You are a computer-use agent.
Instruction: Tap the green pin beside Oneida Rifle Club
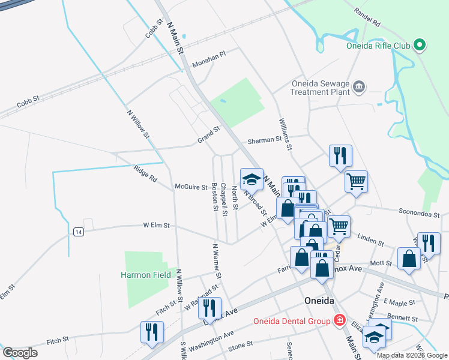pos(420,45)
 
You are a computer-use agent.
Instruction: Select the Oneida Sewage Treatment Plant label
pos(320,88)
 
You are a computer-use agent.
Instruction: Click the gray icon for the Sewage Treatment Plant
pos(359,87)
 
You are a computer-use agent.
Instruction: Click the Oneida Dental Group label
pos(291,321)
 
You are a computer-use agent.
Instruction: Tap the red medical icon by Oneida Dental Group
pos(339,321)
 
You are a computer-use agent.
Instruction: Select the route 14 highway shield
pos(78,232)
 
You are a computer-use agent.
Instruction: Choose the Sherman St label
pos(265,141)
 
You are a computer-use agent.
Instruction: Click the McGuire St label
pos(191,187)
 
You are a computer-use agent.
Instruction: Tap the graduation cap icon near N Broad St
pos(252,179)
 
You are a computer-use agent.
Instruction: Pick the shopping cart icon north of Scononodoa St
pos(356,180)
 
